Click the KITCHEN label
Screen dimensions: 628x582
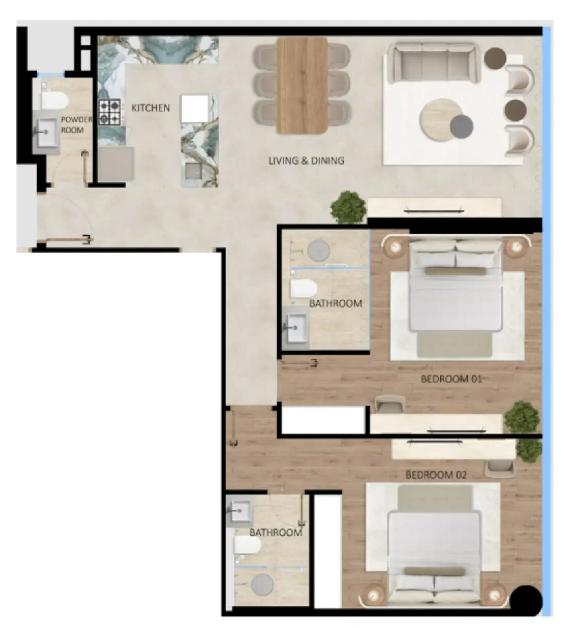click(151, 108)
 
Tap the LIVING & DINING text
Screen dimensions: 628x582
click(306, 161)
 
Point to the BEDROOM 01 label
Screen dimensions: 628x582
click(451, 379)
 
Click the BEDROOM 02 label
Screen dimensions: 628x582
click(436, 475)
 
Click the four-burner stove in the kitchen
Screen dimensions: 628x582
click(110, 112)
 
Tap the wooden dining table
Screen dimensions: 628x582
click(302, 85)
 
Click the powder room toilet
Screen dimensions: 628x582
click(55, 100)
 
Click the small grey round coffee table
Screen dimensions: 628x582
click(461, 126)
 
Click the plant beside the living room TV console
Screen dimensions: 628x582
click(348, 207)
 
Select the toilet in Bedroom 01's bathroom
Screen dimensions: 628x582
click(303, 288)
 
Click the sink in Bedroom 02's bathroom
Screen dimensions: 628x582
click(240, 511)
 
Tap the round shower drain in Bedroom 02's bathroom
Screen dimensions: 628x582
click(262, 585)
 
